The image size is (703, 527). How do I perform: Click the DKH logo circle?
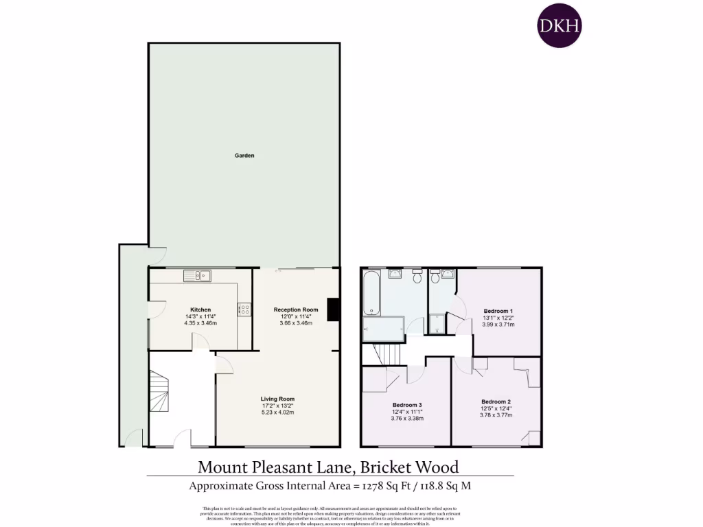(559, 25)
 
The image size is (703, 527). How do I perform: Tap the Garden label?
(244, 156)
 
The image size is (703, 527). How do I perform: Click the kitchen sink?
(197, 276)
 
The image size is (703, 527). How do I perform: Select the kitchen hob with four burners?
(244, 309)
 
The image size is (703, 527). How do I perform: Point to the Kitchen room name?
(200, 309)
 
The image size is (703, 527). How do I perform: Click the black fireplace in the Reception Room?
(334, 309)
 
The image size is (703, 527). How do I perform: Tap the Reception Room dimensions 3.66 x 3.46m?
(296, 323)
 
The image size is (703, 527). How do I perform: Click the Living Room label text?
(277, 399)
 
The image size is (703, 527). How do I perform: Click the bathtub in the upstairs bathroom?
(371, 293)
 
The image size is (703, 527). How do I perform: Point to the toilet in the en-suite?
(435, 277)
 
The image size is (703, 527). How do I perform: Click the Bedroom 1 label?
(498, 310)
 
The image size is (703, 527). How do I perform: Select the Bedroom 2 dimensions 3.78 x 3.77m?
(496, 414)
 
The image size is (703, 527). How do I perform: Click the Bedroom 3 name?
(407, 404)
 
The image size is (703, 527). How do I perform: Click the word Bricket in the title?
(383, 467)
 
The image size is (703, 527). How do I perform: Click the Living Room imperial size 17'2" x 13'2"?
(277, 406)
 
